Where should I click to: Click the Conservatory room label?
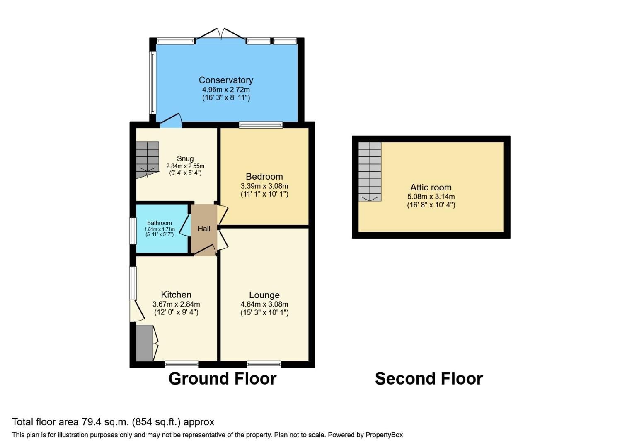226,80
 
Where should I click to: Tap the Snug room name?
185,158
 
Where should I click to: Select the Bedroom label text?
264,176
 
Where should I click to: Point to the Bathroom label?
160,223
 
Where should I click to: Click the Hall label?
204,229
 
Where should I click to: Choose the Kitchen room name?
176,295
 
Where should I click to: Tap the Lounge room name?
264,295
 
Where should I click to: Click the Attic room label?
431,187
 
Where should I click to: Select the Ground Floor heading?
223,379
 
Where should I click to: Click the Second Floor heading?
429,379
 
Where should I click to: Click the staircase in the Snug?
148,159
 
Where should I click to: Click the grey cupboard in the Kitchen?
145,343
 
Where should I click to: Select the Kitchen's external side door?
136,311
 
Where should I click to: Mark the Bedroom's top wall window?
261,124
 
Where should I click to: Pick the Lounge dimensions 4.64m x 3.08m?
264,304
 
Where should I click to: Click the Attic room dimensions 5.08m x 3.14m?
431,197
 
